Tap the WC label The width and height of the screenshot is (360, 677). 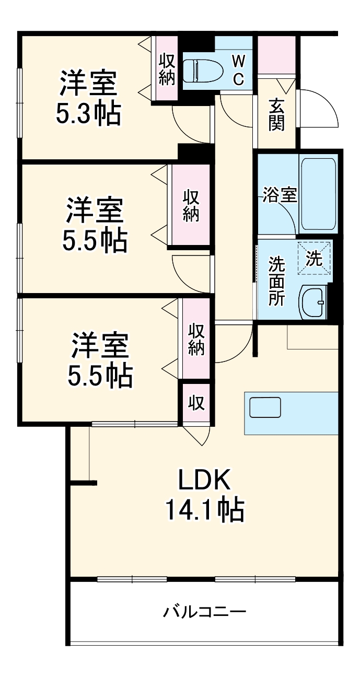tap(238, 70)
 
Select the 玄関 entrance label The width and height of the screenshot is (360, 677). tap(276, 114)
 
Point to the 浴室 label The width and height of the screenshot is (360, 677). tap(280, 196)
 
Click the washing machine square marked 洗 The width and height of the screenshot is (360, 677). tap(315, 258)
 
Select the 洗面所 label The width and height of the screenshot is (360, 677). tap(276, 282)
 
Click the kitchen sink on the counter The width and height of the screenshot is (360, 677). tap(265, 407)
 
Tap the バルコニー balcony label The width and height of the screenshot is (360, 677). tap(204, 611)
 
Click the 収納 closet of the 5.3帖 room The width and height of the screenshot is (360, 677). tap(167, 68)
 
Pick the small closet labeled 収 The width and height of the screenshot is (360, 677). tap(196, 403)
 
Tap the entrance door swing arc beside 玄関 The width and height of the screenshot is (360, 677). tap(319, 107)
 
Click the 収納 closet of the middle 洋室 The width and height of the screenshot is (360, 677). tap(191, 205)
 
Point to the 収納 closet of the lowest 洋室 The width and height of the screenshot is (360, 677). tap(196, 339)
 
